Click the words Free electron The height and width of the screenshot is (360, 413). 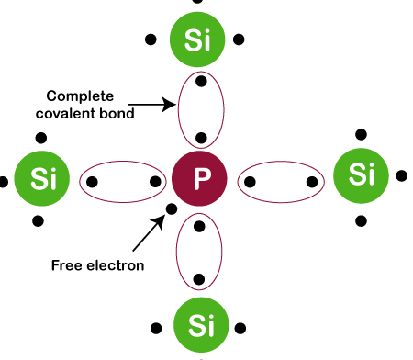click(x=96, y=266)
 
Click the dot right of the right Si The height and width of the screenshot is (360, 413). click(x=401, y=174)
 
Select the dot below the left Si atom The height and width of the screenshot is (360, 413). click(x=39, y=220)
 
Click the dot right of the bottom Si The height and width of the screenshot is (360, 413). click(x=240, y=324)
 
